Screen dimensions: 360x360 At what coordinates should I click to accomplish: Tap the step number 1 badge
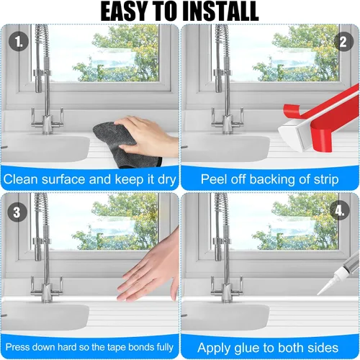pos(19,42)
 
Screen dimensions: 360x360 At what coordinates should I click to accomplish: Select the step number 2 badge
pos(343,41)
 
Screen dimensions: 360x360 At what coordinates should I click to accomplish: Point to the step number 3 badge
pos(17,212)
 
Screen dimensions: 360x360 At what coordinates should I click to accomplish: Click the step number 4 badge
pos(340,210)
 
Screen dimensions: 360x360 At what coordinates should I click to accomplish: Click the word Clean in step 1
pos(21,179)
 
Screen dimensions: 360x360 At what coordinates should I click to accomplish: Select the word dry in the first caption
pos(167,180)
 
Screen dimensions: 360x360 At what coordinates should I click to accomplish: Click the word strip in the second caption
pos(326,180)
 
